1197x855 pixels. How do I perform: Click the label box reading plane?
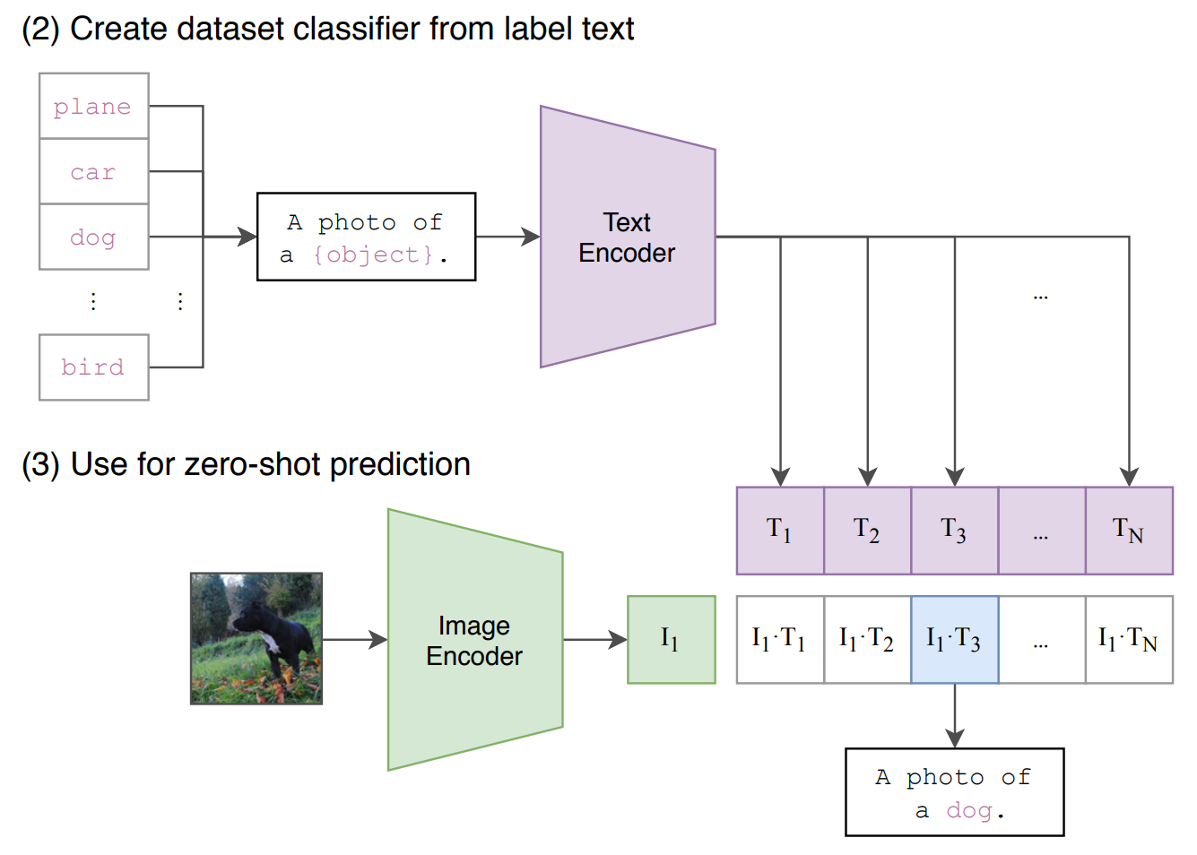[x=93, y=106]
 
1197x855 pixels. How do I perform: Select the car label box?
[x=93, y=171]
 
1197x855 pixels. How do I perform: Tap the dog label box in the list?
[x=93, y=237]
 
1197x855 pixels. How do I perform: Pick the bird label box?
[x=93, y=367]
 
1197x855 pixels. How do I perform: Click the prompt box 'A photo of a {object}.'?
[x=366, y=237]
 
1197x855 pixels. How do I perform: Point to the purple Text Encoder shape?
[x=627, y=237]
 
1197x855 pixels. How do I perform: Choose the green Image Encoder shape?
[x=474, y=640]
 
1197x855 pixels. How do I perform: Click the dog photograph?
[x=256, y=639]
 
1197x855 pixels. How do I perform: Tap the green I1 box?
[x=671, y=640]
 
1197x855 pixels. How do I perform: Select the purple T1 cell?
[x=779, y=531]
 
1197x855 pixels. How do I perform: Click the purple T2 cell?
[x=867, y=531]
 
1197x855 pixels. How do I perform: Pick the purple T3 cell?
[x=954, y=531]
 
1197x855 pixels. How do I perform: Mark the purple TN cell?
[x=1129, y=531]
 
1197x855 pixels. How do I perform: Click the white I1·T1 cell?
[x=779, y=640]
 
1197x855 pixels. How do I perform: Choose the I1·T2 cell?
[x=867, y=640]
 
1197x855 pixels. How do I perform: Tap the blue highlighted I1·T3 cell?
[x=954, y=640]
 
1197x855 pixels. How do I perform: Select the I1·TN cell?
[x=1129, y=640]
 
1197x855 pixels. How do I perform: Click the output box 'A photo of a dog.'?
[x=954, y=792]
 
